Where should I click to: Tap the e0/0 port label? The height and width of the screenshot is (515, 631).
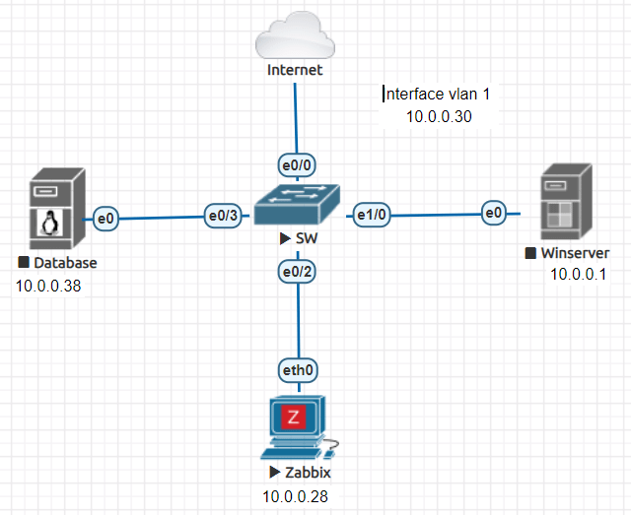pyautogui.click(x=297, y=165)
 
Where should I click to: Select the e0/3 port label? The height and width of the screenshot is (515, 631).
pyautogui.click(x=223, y=216)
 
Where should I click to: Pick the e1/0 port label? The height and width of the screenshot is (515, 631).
pyautogui.click(x=372, y=215)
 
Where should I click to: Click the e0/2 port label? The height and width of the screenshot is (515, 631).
pyautogui.click(x=297, y=272)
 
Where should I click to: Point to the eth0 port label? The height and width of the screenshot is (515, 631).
pyautogui.click(x=298, y=370)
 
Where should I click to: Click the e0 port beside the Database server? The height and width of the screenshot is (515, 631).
pyautogui.click(x=105, y=219)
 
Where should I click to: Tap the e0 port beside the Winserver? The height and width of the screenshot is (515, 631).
pyautogui.click(x=494, y=213)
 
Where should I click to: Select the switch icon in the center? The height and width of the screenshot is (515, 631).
pyautogui.click(x=298, y=204)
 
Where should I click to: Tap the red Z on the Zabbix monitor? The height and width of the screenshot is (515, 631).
pyautogui.click(x=293, y=418)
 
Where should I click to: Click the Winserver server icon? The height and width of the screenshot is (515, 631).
pyautogui.click(x=566, y=202)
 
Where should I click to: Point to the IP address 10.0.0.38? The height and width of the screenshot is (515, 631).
pyautogui.click(x=48, y=286)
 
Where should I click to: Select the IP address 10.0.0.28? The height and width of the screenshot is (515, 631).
pyautogui.click(x=296, y=497)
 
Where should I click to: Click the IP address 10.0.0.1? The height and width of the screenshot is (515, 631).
pyautogui.click(x=578, y=274)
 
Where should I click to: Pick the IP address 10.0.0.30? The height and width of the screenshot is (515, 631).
pyautogui.click(x=439, y=116)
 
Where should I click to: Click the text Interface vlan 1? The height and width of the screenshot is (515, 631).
pyautogui.click(x=438, y=95)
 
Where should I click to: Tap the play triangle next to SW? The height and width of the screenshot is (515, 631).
pyautogui.click(x=285, y=239)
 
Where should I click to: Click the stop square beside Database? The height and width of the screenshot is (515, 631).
pyautogui.click(x=24, y=262)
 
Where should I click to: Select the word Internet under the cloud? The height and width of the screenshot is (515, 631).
pyautogui.click(x=295, y=70)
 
